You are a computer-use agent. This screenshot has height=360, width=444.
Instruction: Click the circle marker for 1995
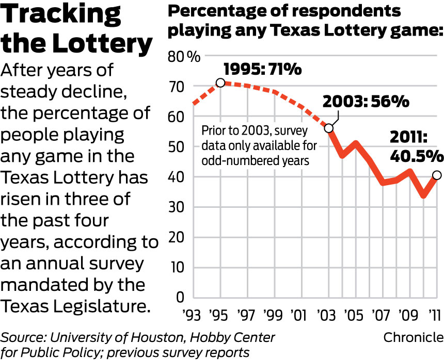click(x=220, y=83)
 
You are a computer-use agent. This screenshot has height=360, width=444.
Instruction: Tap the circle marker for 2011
click(x=437, y=175)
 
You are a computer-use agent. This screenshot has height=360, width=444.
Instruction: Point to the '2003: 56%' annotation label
click(x=366, y=101)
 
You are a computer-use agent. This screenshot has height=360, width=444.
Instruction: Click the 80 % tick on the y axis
click(x=184, y=56)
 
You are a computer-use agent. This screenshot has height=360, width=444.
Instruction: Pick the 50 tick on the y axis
click(x=178, y=147)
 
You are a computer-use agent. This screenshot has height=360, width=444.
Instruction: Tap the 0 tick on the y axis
click(x=180, y=298)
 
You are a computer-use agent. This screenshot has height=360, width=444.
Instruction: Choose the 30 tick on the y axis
click(x=178, y=207)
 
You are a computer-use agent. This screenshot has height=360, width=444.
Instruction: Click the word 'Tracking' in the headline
click(x=61, y=16)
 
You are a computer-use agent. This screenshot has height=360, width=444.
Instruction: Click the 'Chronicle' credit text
click(x=413, y=337)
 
